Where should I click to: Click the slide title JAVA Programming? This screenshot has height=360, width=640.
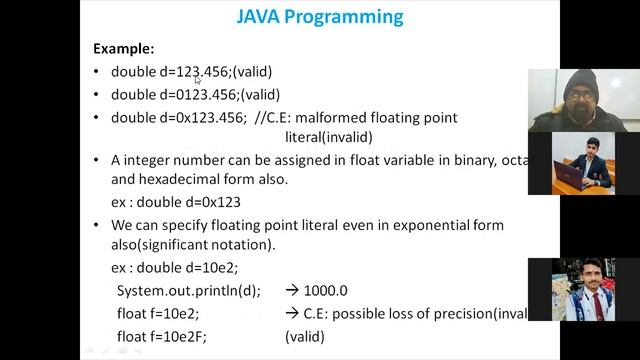(x=320, y=17)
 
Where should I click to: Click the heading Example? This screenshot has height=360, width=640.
(x=123, y=48)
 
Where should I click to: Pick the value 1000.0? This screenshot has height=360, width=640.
(x=325, y=291)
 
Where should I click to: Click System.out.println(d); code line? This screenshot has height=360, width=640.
(x=188, y=291)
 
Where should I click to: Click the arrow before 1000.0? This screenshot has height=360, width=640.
(x=292, y=291)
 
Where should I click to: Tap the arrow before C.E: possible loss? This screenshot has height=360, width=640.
(x=292, y=314)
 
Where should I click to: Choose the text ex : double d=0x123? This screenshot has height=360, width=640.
(x=175, y=202)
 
